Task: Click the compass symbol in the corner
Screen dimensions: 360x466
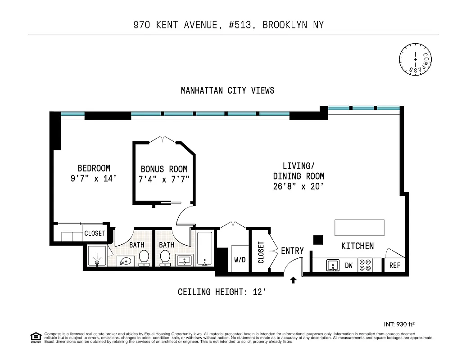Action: pos(415,58)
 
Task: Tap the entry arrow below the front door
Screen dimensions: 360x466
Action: pos(293,280)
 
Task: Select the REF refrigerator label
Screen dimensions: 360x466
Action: pos(394,265)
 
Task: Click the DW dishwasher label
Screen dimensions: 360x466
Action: pos(348,265)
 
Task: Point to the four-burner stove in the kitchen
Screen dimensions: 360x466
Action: pos(365,265)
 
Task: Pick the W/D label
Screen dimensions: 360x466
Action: pos(239,260)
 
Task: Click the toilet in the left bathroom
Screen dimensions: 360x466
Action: pos(144,257)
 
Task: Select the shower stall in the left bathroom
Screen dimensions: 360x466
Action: pos(97,257)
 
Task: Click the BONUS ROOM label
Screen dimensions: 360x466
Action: pos(164,169)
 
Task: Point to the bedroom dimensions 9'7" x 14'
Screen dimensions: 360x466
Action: pos(93,178)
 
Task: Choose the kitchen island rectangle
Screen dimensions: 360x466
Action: pos(359,227)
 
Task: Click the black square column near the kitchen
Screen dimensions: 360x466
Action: pos(318,240)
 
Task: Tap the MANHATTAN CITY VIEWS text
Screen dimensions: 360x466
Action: pos(227,90)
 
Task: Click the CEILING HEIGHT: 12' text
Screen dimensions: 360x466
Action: pos(225,292)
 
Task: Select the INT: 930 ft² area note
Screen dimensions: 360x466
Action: pos(398,324)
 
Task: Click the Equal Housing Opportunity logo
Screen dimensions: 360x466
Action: pos(35,337)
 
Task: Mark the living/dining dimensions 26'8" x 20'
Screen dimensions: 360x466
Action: pos(299,186)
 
